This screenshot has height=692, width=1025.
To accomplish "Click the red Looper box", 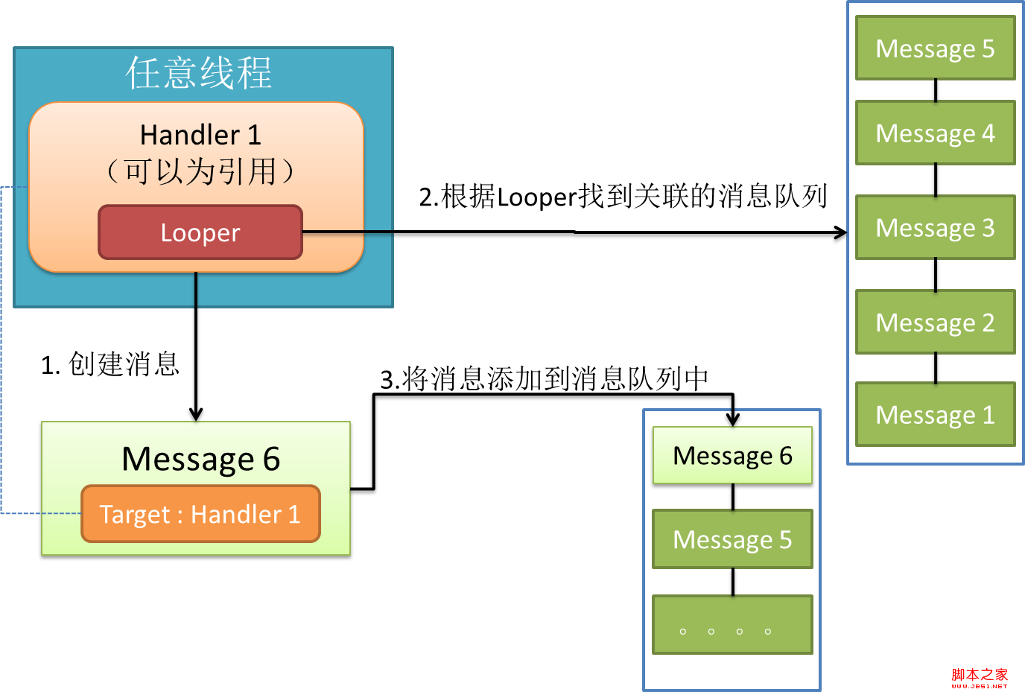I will coord(200,232).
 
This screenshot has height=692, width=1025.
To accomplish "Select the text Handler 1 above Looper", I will coord(200,135).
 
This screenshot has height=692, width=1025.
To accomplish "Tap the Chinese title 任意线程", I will coord(199,73).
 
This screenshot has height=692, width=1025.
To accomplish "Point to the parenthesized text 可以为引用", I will coord(200,171).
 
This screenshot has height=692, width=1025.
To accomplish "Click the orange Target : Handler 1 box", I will coord(200,514).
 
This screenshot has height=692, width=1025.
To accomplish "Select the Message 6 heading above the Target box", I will coord(200,459).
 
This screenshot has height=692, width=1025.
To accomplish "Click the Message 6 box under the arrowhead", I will coord(732,455).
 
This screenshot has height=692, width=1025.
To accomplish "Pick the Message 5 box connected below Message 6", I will coord(732,539).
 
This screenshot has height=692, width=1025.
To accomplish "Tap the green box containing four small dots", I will coord(732,624).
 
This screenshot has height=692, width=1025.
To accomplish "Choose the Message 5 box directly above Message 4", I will coord(935,48).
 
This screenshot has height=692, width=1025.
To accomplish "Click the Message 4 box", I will coord(935,133).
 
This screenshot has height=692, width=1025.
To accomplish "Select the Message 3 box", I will coord(935,228).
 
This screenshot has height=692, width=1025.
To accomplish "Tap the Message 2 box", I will coord(935,323).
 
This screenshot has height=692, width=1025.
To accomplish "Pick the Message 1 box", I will coord(935,415).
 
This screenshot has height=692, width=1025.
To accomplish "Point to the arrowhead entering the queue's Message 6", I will coord(733,419).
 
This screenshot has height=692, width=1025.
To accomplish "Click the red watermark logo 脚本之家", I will coord(979,676).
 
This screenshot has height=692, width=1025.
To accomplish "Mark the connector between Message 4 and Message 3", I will coord(936,180).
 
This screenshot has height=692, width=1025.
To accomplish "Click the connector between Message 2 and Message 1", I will coord(936,368).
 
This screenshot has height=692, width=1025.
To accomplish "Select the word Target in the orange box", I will coord(135,515).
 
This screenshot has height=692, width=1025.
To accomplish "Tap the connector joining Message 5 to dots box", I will coord(733,582).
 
